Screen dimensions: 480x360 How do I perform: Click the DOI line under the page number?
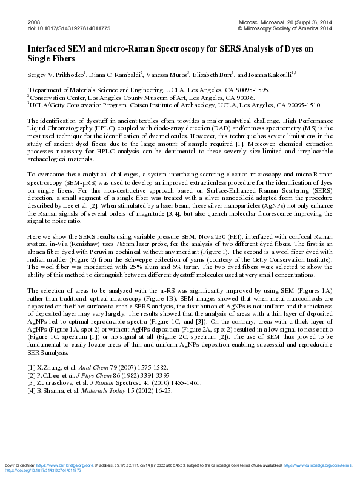click(x=61, y=28)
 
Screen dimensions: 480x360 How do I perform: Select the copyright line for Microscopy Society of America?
click(x=285, y=28)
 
